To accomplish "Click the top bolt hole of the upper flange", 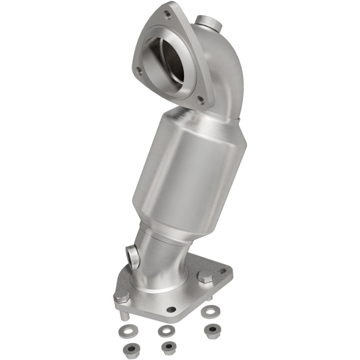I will click(167, 14).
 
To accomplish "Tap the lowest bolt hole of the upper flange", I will click(209, 97).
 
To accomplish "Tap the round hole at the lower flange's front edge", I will click(171, 310).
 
